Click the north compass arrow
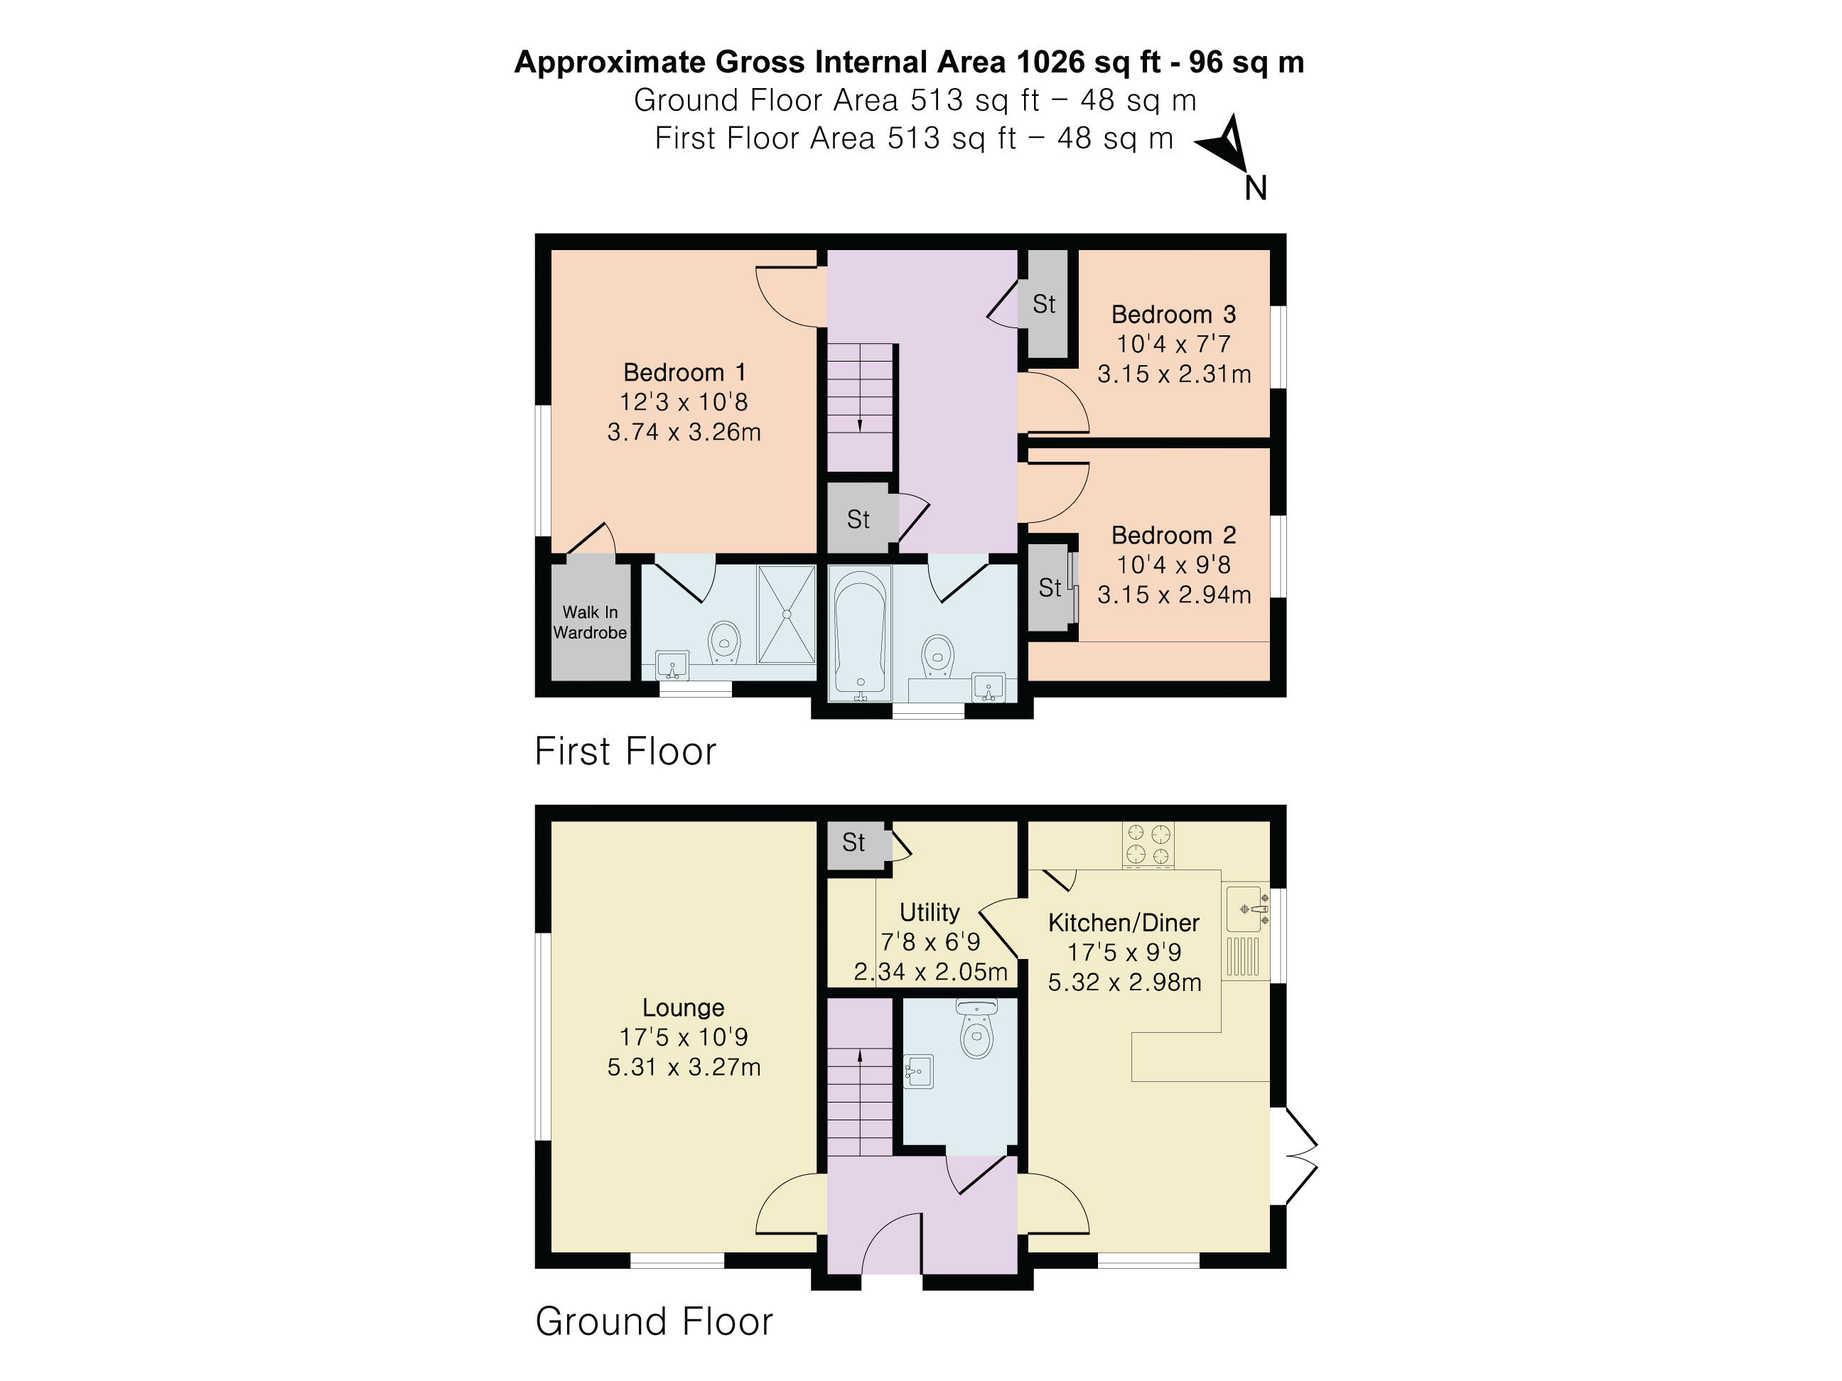pos(1226,144)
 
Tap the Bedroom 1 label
pos(684,372)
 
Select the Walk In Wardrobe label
pos(590,622)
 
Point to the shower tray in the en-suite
pos(786,614)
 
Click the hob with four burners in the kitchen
pos(1148,845)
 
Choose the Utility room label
pos(930,912)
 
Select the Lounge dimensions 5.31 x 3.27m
pos(684,1067)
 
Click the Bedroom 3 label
pos(1173,315)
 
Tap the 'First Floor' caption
pos(625,751)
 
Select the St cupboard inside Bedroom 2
pos(1049,587)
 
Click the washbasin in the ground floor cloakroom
pos(918,1071)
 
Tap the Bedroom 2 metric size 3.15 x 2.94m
pos(1173,595)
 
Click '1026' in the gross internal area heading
pos(1051,62)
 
